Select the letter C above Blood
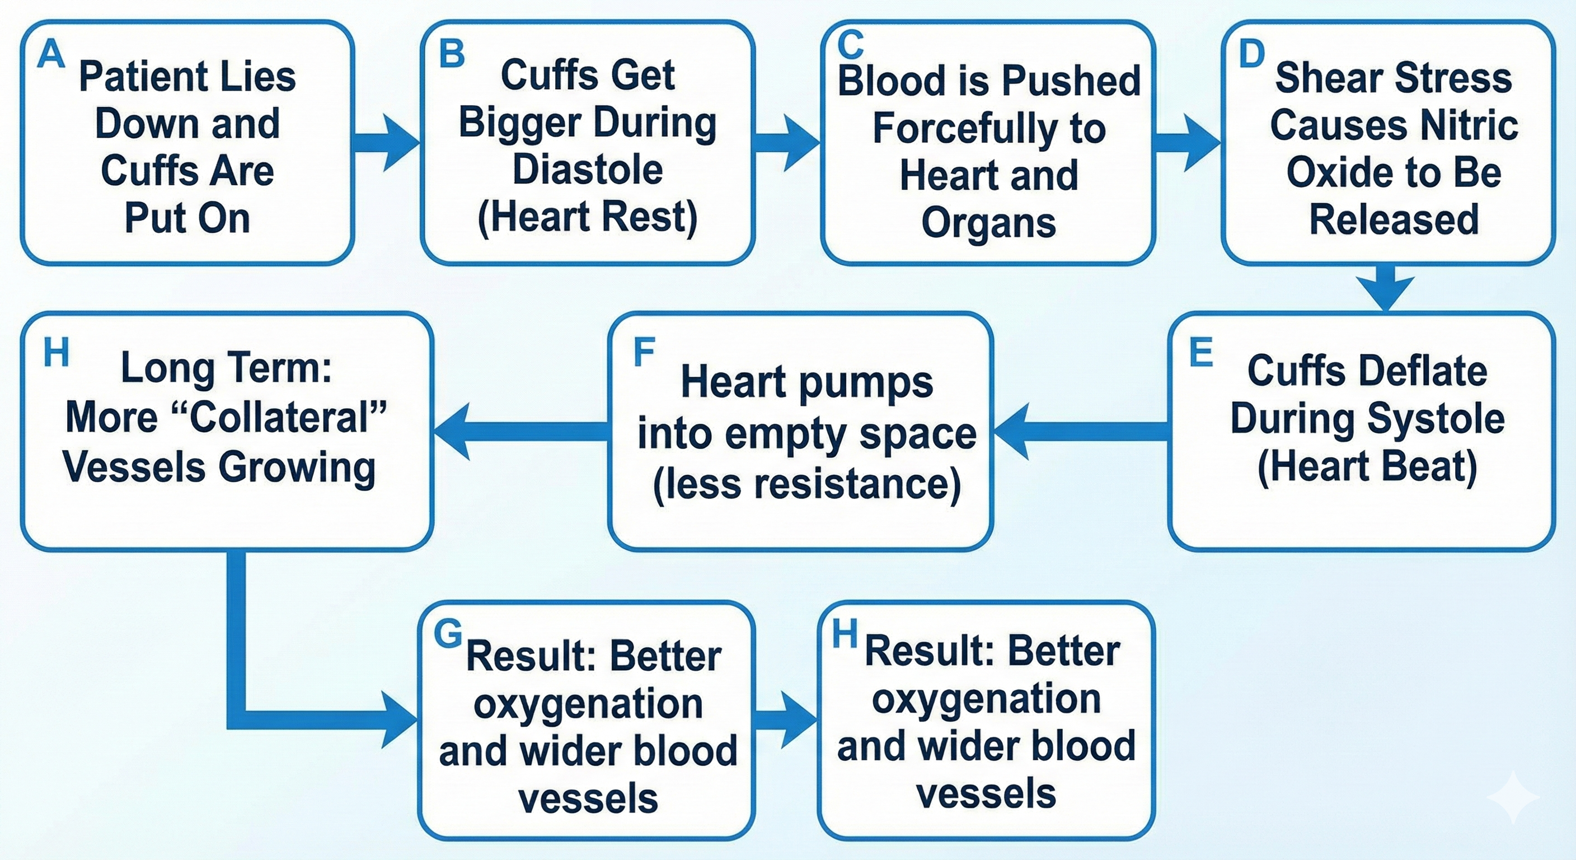click(x=851, y=45)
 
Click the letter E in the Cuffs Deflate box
click(x=1200, y=353)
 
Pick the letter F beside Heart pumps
click(x=644, y=353)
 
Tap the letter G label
click(x=448, y=634)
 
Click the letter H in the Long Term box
click(x=57, y=353)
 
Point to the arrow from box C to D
click(x=1187, y=143)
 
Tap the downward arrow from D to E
click(x=1385, y=288)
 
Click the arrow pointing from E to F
click(x=1080, y=431)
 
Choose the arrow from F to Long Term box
click(x=520, y=431)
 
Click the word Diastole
click(x=587, y=170)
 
